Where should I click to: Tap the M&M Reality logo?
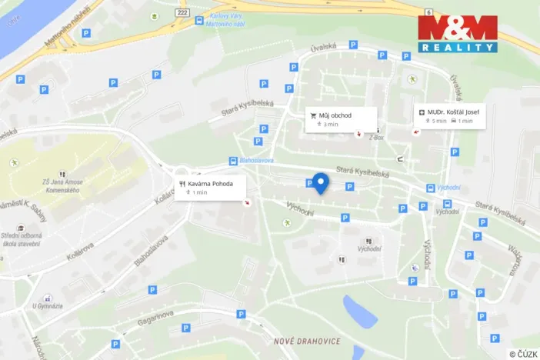tap(457, 33)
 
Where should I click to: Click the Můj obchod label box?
tap(342, 119)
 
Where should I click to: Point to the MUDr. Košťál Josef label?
tap(450, 116)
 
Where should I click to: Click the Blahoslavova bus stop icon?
tap(232, 162)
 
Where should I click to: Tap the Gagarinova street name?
tap(157, 317)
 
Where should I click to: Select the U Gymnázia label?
tap(46, 306)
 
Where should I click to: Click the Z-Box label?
tap(375, 137)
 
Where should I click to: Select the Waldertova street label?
tap(514, 255)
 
